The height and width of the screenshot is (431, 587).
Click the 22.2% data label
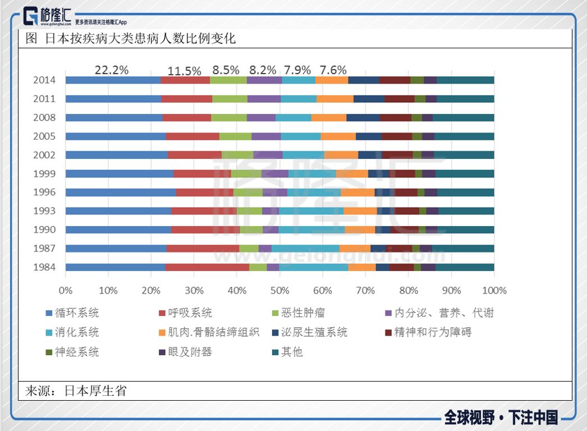[x=111, y=70]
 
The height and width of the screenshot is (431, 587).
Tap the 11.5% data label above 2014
[x=184, y=71]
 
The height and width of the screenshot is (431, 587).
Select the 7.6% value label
[x=333, y=70]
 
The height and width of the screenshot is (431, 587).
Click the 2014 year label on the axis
[x=44, y=80]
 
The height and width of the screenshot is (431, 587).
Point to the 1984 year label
[x=44, y=267]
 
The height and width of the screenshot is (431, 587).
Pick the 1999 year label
[x=44, y=173]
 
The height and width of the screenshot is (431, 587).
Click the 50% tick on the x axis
[x=279, y=290]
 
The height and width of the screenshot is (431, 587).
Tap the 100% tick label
[x=494, y=290]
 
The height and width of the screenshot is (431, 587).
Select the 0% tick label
[x=66, y=290]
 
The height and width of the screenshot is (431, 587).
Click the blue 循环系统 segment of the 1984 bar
[x=115, y=267]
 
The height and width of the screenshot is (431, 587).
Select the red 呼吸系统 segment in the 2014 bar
[x=185, y=80]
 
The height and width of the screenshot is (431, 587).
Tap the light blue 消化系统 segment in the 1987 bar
[x=305, y=248]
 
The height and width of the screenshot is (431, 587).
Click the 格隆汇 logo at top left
[x=48, y=16]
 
